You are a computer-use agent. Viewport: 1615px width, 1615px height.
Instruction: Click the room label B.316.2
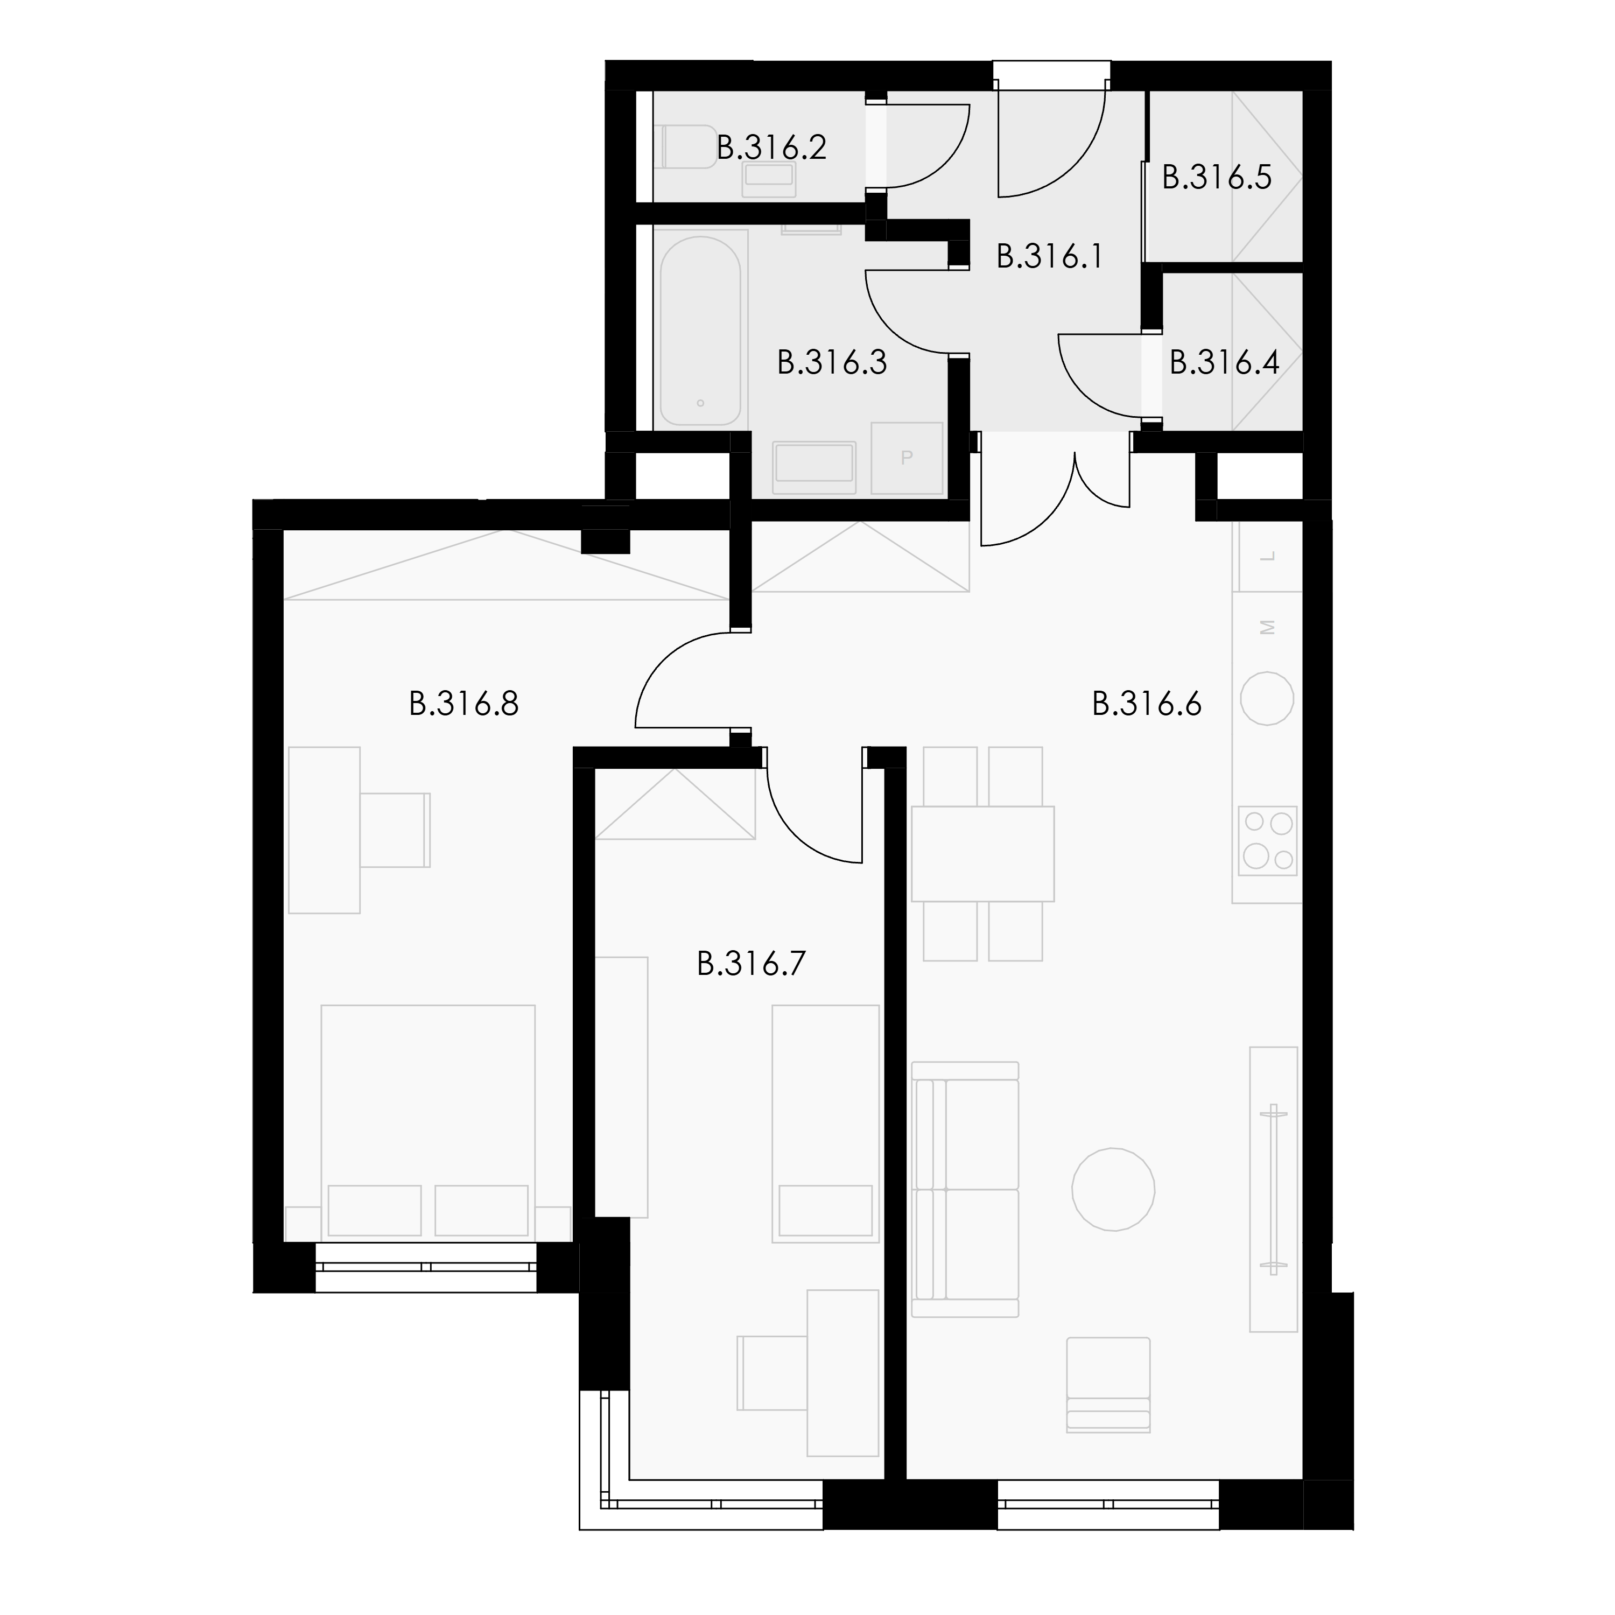point(771,148)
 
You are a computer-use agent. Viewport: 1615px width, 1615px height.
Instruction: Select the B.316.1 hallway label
point(1049,257)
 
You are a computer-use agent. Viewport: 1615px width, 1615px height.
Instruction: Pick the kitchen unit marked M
point(1267,627)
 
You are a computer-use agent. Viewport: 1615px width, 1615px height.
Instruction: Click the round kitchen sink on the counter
point(1267,698)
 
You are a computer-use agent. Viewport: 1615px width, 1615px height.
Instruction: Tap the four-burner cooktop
point(1267,841)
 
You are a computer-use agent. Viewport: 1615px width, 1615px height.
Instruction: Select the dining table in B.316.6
point(982,853)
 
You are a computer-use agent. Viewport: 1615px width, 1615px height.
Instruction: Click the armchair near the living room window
point(1108,1385)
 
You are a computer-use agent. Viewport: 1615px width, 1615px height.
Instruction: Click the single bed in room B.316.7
point(826,1124)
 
